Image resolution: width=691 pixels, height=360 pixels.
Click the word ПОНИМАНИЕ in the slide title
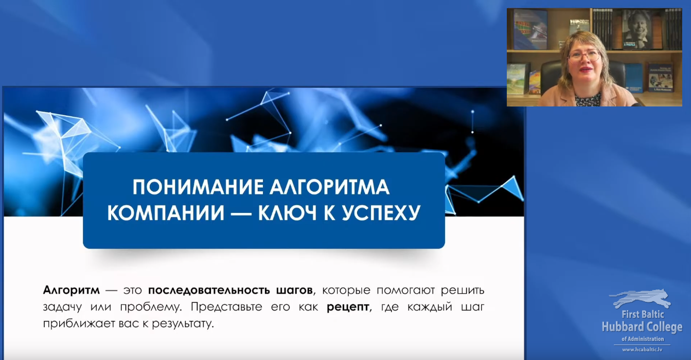[x=198, y=187]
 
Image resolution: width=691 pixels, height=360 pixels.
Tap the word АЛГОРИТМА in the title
[x=329, y=187]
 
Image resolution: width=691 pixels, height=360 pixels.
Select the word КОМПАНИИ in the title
[x=166, y=213]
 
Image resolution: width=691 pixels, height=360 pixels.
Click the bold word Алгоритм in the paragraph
[x=71, y=291]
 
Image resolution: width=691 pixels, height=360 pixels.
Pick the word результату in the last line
[x=183, y=324]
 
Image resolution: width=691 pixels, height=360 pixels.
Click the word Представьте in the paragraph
[x=226, y=307]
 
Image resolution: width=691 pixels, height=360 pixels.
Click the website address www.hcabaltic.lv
[x=642, y=350]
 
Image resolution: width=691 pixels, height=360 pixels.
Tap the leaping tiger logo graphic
[x=641, y=298]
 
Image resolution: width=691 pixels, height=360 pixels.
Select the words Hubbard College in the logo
[x=642, y=327]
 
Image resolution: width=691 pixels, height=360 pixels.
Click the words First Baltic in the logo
[x=643, y=314]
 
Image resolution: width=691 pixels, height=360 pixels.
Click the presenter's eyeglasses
[x=584, y=56]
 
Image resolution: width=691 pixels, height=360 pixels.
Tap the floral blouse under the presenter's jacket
[x=588, y=100]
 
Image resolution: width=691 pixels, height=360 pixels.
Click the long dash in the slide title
[x=241, y=213]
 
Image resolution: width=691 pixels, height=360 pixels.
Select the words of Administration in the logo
[x=643, y=339]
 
